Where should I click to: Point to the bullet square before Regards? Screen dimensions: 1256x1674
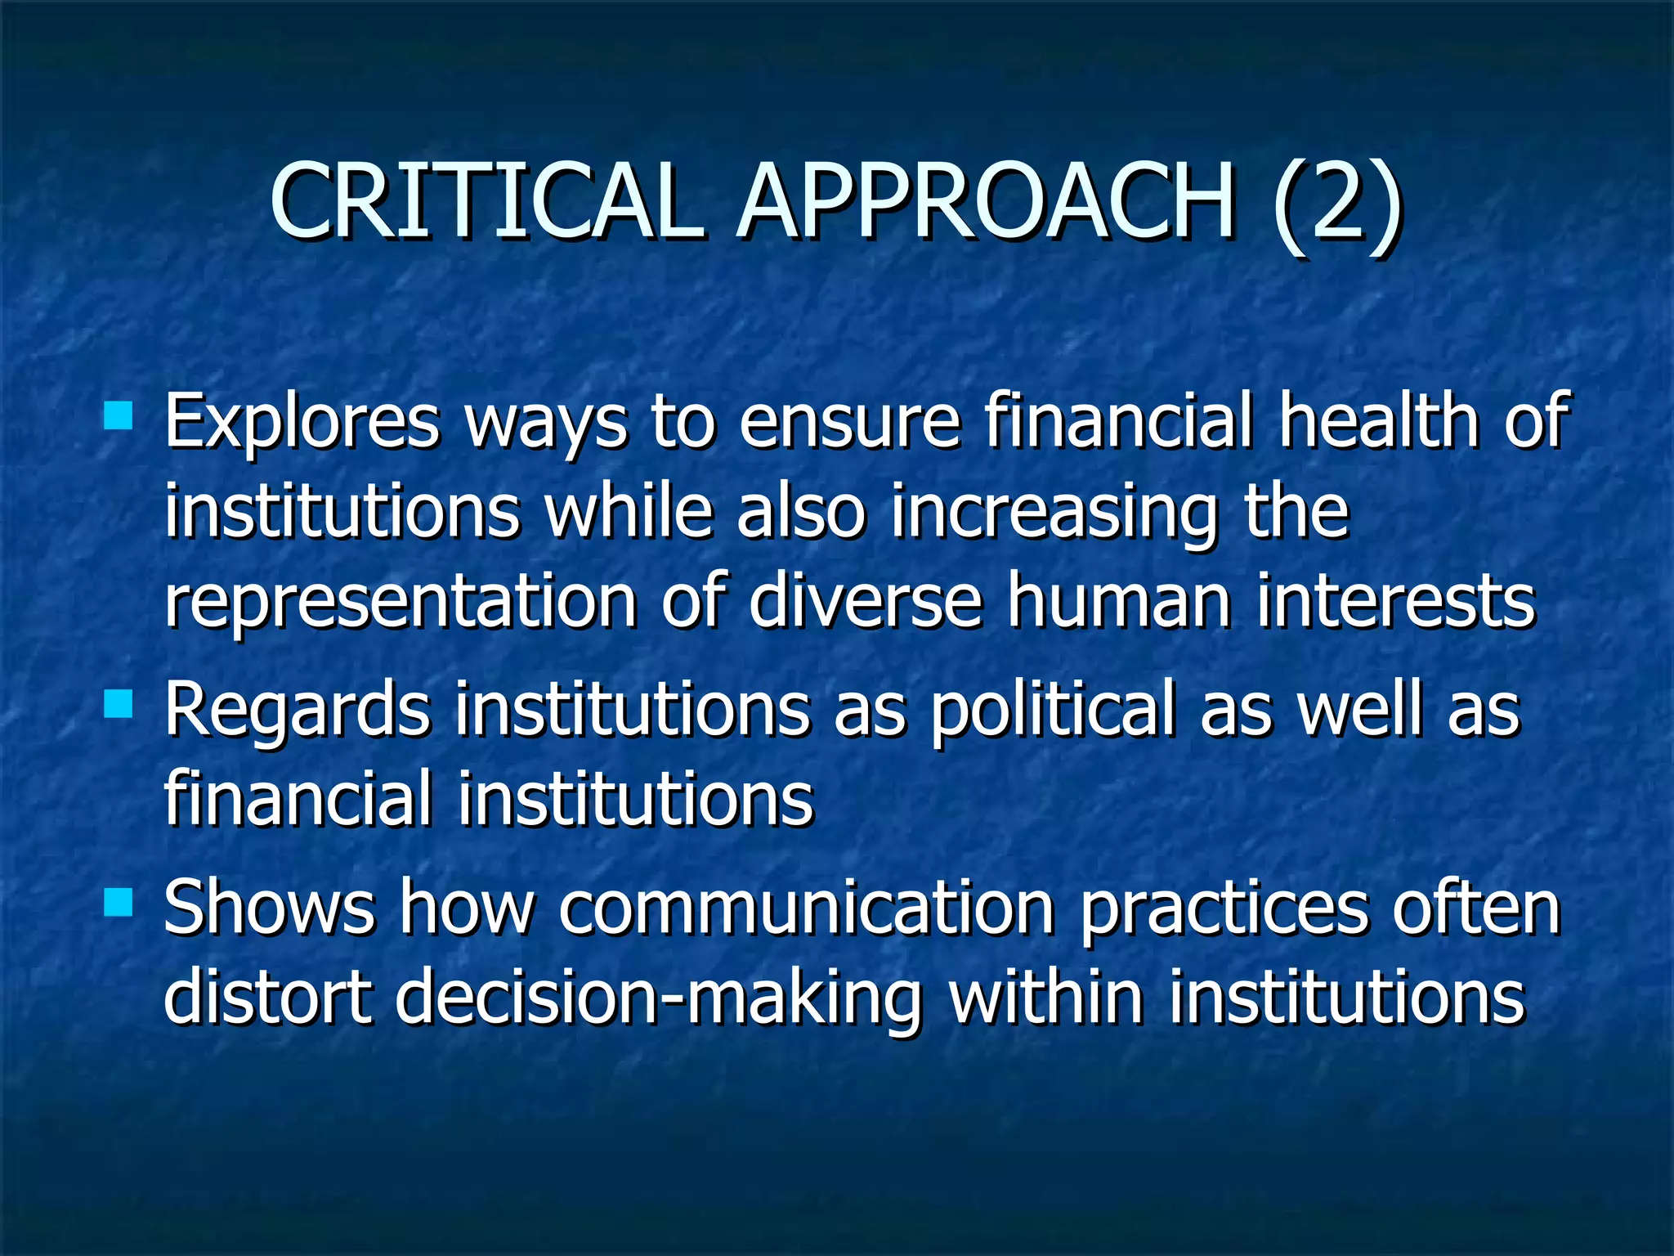[x=119, y=704]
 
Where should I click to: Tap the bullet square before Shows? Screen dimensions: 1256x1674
[x=119, y=903]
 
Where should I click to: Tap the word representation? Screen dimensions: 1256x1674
[x=401, y=603]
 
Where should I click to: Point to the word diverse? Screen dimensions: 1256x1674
[x=865, y=602]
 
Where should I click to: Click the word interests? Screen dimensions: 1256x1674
[x=1396, y=603]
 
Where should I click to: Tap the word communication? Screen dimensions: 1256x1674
[x=806, y=909]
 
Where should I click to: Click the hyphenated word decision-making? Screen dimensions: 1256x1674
[x=659, y=999]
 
